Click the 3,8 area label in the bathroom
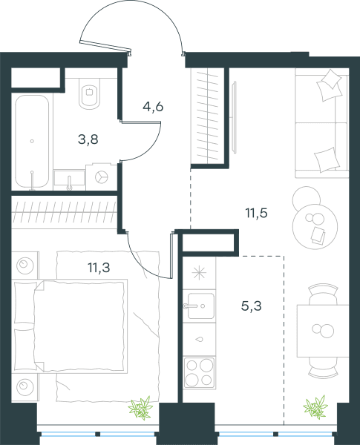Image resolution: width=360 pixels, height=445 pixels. [x=88, y=139]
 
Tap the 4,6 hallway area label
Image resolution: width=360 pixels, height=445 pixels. [x=153, y=107]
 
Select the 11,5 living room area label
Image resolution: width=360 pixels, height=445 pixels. [x=257, y=213]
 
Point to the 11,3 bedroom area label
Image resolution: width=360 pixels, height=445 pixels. [x=99, y=267]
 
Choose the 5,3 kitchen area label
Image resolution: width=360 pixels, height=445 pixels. [x=252, y=306]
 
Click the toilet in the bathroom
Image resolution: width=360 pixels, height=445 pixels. [x=90, y=93]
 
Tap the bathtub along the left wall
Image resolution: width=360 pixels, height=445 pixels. [x=32, y=142]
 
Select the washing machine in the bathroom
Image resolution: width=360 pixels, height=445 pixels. [x=102, y=177]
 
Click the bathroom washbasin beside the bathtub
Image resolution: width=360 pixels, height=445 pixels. [x=69, y=179]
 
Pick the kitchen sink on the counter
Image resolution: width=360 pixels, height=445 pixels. [x=200, y=306]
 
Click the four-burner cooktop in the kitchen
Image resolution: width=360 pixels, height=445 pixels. [x=199, y=372]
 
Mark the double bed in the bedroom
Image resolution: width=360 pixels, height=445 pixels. [x=70, y=326]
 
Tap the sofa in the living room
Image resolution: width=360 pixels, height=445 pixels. [x=321, y=123]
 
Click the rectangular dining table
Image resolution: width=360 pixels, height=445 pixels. [x=323, y=331]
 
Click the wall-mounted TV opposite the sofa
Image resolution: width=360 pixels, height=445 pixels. [x=235, y=117]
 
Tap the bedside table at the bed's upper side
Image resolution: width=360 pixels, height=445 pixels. [x=25, y=266]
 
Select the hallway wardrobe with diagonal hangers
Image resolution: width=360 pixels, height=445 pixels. [x=208, y=116]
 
